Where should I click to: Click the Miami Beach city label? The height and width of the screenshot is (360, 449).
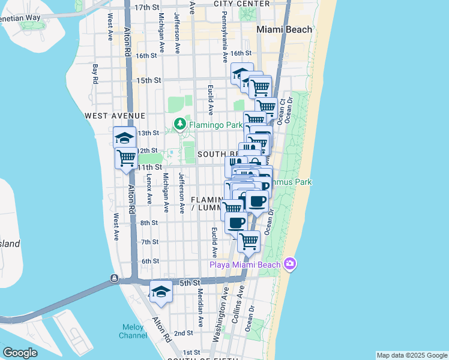click(x=284, y=29)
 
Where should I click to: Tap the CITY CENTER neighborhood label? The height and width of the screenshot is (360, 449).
click(x=242, y=4)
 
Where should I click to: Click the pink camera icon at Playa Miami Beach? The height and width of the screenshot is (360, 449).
click(x=290, y=265)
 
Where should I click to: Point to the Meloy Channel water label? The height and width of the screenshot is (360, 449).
click(x=133, y=331)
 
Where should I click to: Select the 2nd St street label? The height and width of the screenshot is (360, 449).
click(x=183, y=333)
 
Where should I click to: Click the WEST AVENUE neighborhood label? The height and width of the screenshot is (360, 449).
click(x=115, y=115)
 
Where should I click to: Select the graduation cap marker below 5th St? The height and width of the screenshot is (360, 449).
click(x=161, y=292)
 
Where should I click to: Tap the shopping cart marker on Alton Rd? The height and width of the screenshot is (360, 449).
click(x=127, y=158)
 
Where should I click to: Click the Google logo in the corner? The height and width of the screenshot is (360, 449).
click(x=20, y=353)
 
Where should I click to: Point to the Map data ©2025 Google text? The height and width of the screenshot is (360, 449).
click(x=412, y=355)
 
